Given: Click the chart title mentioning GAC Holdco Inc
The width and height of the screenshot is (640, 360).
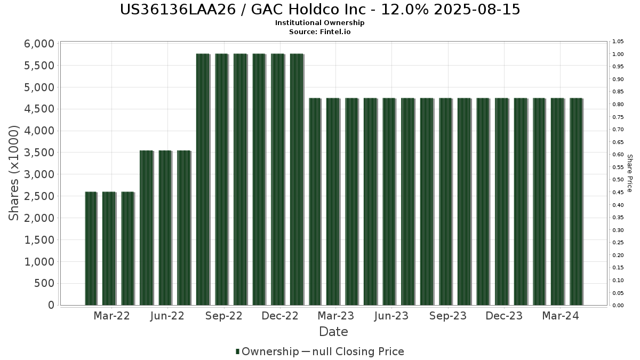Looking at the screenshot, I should tap(320, 10).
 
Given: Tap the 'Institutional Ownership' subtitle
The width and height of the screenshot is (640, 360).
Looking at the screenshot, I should tap(320, 23).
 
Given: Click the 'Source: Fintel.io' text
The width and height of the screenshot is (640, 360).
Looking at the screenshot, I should tap(320, 31).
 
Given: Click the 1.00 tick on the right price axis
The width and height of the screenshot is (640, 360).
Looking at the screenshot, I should tap(618, 54).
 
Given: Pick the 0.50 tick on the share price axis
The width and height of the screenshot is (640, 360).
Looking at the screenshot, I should tap(618, 180).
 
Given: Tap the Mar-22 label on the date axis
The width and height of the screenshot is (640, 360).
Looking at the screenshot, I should tap(111, 316).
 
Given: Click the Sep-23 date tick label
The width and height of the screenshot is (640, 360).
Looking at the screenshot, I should tap(448, 316).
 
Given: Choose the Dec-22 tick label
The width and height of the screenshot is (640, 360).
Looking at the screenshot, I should tap(280, 316).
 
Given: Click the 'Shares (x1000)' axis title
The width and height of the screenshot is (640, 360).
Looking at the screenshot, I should tap(14, 173).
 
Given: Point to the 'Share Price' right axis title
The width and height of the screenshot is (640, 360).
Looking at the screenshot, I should tap(629, 173).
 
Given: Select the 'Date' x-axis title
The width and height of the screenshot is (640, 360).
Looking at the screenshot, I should tap(333, 332).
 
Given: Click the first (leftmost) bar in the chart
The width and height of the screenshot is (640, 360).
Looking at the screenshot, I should tap(91, 249).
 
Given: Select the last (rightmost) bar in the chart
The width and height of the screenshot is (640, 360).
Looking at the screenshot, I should tap(576, 202).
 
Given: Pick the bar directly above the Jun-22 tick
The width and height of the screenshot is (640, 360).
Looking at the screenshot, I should tap(165, 228).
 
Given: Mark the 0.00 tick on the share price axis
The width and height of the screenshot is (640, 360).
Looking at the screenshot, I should tap(618, 306).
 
